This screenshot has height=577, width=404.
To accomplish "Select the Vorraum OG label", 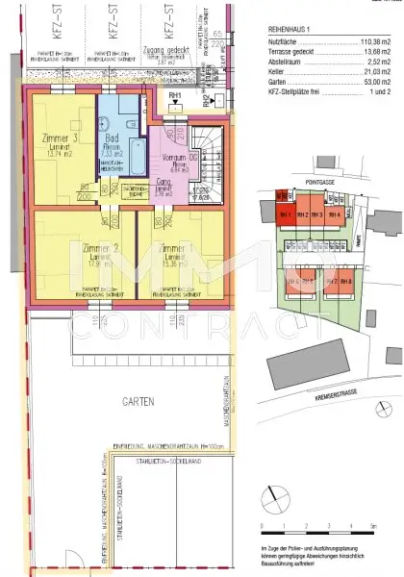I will click(174, 158).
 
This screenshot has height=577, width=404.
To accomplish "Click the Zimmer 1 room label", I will click(176, 247).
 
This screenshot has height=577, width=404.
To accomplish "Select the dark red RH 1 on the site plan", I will click(285, 215).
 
